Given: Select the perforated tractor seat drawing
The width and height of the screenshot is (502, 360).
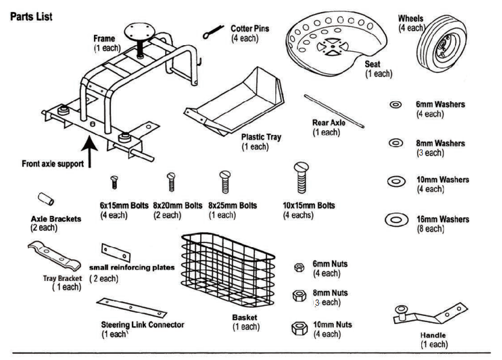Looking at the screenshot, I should pyautogui.click(x=326, y=39).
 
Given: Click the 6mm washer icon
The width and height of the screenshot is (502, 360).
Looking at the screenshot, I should pyautogui.click(x=396, y=105).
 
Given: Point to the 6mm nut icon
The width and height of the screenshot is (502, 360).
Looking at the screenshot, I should pyautogui.click(x=298, y=267).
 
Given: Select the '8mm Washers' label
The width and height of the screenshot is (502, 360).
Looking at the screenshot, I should pyautogui.click(x=440, y=143).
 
